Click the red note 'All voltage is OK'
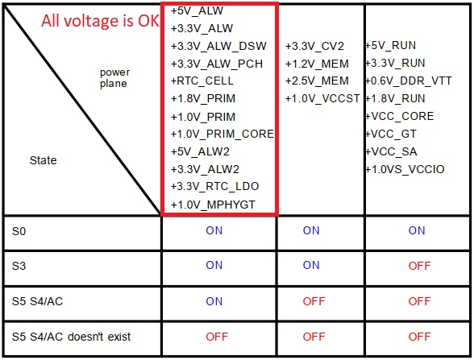(x=100, y=21)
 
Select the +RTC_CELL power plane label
(x=202, y=81)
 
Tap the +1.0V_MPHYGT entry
(x=213, y=205)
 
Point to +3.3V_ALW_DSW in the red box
(x=218, y=46)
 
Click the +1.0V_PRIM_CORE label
(x=222, y=134)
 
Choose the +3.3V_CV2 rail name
(x=314, y=46)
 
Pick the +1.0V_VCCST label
(x=322, y=98)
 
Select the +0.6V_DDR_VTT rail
(x=409, y=81)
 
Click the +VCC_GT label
(x=391, y=134)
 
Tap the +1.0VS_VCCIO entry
(x=405, y=169)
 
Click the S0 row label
(x=19, y=231)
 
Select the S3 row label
(x=19, y=266)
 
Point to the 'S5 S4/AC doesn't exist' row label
(x=71, y=337)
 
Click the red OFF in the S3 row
(x=419, y=266)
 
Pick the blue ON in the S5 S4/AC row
(x=214, y=301)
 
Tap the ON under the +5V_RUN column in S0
(x=417, y=230)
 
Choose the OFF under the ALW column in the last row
(x=217, y=337)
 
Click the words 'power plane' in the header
(x=114, y=78)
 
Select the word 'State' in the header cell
(x=43, y=160)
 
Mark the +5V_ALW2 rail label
(x=200, y=151)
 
